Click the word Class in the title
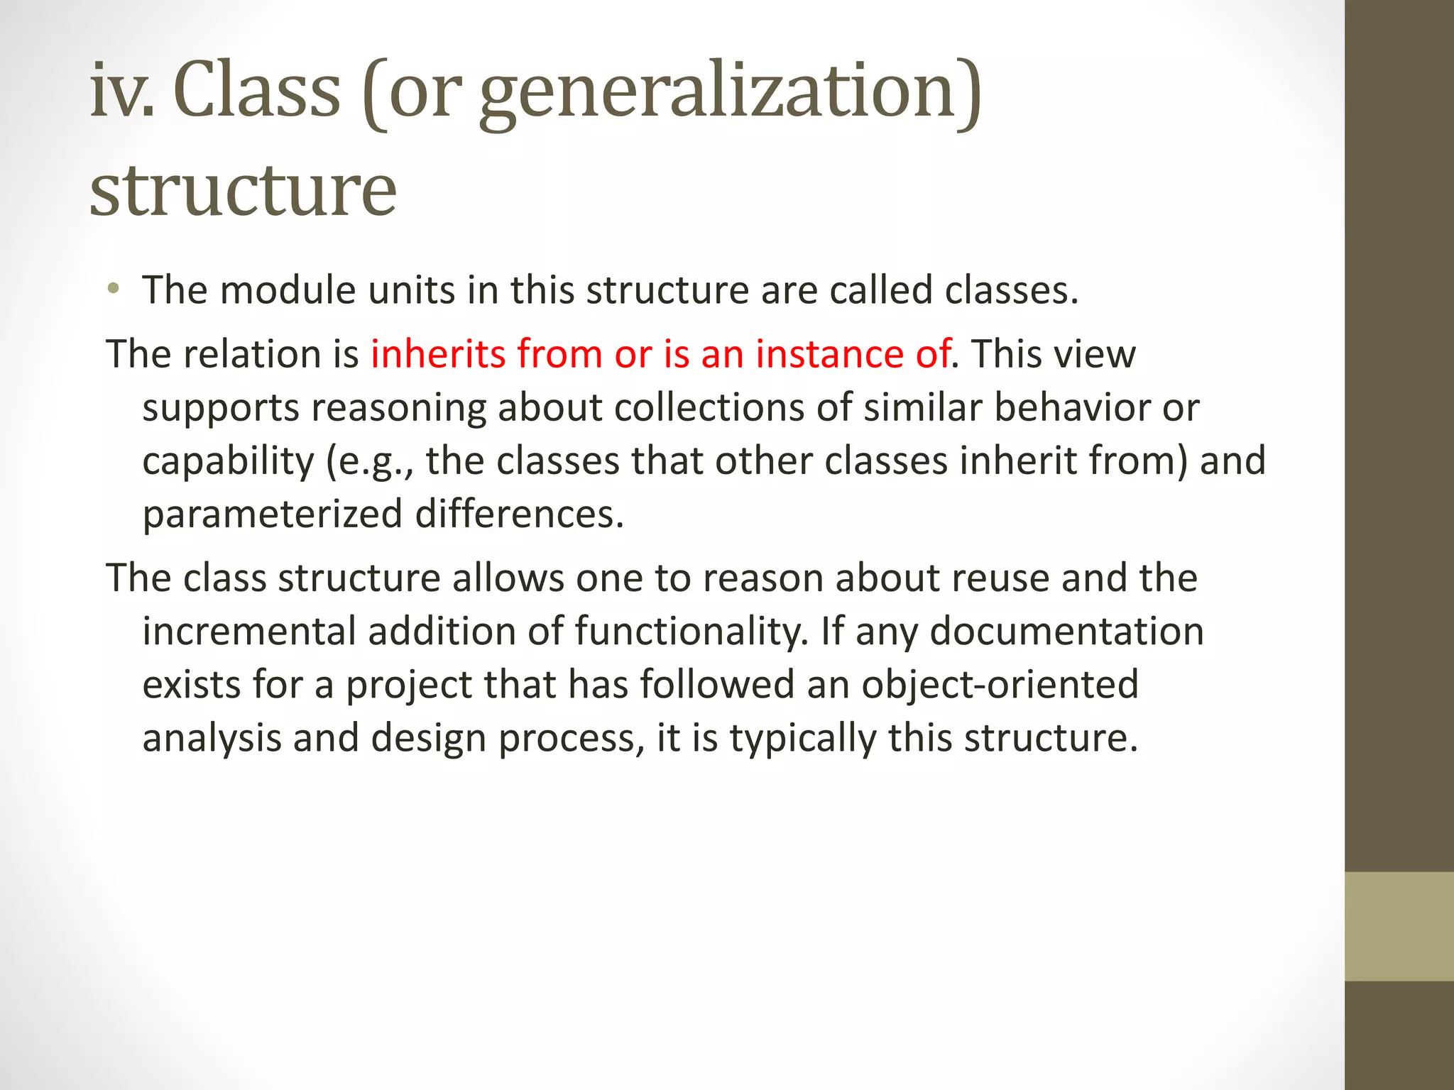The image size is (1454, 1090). coord(257,91)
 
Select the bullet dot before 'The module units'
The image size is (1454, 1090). coord(113,289)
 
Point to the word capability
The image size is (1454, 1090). coord(227,461)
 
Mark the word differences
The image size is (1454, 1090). coord(519,514)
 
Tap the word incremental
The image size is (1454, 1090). coord(249,631)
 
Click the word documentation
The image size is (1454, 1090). coord(1066,631)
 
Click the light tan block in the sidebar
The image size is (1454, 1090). coord(1399,927)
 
